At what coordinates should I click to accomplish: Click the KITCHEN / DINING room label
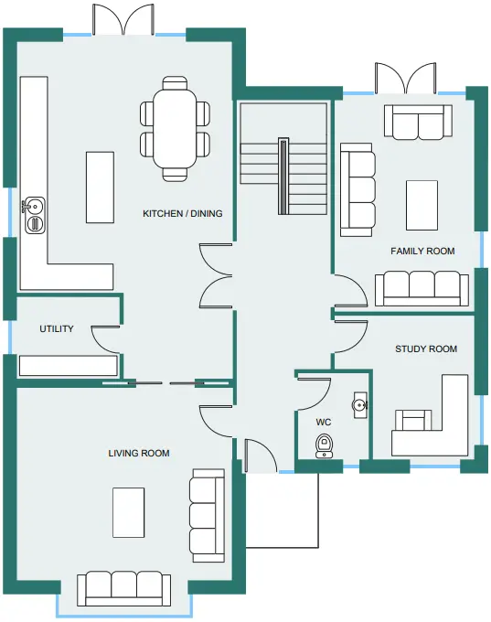183,213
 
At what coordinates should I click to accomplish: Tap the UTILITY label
57,329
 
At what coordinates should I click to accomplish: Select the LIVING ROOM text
139,453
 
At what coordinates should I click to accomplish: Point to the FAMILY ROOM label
422,252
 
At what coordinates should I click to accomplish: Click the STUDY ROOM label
426,349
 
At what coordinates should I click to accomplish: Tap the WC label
324,422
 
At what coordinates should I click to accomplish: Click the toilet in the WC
324,446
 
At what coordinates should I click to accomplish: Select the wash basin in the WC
360,405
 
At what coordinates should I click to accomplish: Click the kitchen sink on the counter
35,215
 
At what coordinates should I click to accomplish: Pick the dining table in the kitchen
175,129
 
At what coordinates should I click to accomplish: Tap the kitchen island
100,188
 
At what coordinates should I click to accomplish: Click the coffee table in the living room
129,512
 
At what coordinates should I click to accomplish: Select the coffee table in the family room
422,205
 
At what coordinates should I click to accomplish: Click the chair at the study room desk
413,421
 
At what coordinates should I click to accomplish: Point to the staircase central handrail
283,176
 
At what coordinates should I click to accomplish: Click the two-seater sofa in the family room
418,123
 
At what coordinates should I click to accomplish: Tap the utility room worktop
69,365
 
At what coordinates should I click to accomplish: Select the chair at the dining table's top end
175,83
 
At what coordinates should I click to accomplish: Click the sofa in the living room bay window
124,589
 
